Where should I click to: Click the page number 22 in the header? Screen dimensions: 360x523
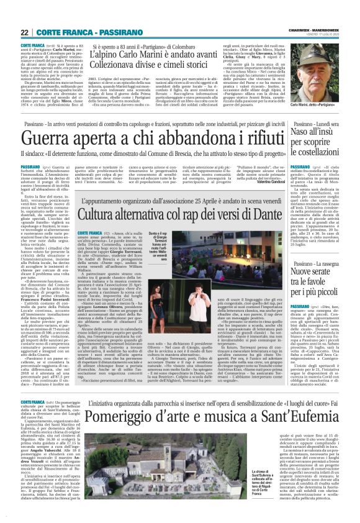(x=25, y=32)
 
